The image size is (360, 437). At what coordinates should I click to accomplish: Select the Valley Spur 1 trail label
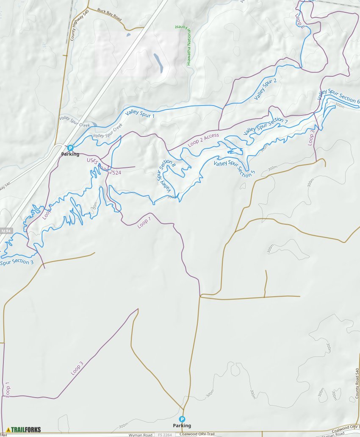tap(140, 113)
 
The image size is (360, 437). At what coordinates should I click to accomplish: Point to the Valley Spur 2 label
tap(265, 89)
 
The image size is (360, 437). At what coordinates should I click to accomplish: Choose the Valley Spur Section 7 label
tap(266, 126)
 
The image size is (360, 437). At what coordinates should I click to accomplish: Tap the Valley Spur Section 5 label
tap(235, 169)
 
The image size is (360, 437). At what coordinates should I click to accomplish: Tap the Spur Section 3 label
tap(17, 262)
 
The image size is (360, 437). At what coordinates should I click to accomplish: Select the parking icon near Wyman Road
tap(182, 419)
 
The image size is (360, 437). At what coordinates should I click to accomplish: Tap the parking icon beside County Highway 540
tap(70, 148)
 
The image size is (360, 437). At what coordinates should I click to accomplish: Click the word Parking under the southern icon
tap(182, 426)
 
